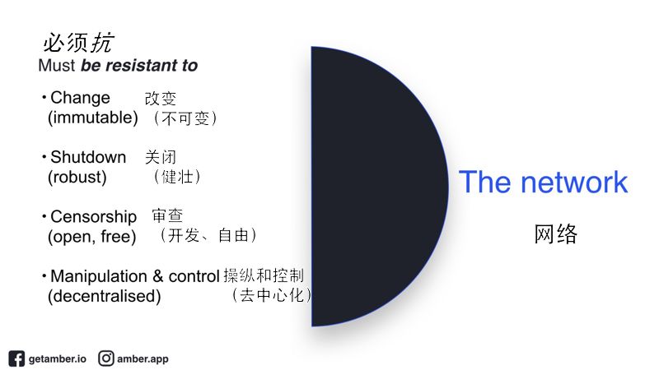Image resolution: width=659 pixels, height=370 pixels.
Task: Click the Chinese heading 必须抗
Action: (x=78, y=43)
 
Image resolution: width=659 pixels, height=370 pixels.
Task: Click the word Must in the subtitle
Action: (x=56, y=66)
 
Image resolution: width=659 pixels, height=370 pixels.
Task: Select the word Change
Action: (x=80, y=98)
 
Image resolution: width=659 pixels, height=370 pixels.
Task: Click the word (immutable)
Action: (x=93, y=118)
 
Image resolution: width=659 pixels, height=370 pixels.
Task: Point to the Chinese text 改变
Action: (x=160, y=99)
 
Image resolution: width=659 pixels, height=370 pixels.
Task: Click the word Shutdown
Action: (x=88, y=157)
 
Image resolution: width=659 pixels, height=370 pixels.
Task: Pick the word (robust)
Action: (x=77, y=177)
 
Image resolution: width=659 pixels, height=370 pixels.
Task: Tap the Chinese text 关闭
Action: (x=160, y=157)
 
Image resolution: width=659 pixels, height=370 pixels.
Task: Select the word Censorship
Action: (x=93, y=217)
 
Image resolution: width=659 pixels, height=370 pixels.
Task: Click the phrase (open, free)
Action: (x=91, y=237)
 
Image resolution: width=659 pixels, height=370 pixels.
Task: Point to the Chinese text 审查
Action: (x=167, y=215)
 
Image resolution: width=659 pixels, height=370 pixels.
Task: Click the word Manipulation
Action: (x=99, y=276)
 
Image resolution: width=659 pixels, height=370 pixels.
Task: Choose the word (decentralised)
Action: (x=105, y=296)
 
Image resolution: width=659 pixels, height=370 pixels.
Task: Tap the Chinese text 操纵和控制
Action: (x=264, y=275)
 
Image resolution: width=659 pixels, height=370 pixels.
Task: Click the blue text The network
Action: (x=543, y=182)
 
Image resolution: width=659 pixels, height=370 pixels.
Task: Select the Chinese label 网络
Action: (x=555, y=234)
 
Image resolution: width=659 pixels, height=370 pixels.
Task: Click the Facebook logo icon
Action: (x=16, y=358)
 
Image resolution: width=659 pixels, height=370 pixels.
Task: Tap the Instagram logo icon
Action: (x=106, y=358)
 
